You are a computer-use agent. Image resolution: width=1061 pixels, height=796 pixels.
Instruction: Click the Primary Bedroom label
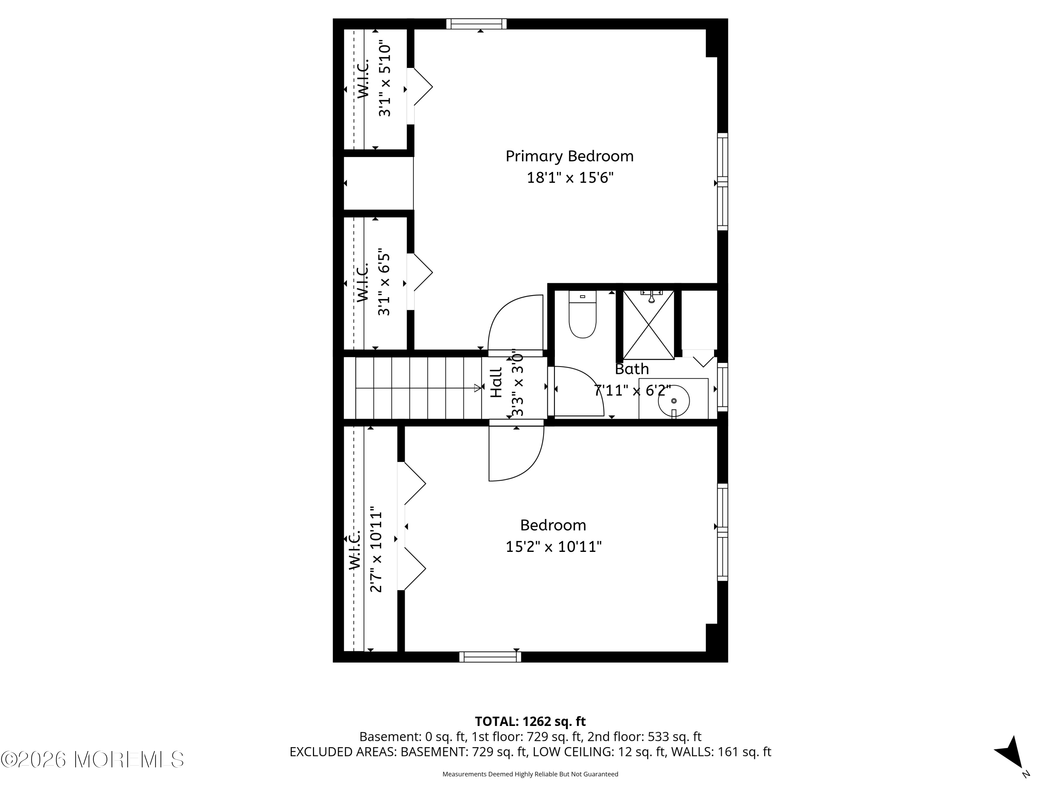point(569,156)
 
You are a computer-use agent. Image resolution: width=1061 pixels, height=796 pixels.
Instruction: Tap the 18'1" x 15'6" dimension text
point(570,178)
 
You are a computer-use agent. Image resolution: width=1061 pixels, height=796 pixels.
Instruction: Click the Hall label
point(497,382)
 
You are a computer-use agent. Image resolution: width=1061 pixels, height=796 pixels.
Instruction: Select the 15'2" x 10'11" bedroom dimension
point(553,547)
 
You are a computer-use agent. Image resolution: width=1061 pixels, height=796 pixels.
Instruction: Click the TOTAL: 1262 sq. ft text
point(530,722)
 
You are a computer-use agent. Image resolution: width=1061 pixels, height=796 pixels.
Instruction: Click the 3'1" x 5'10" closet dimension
point(385,81)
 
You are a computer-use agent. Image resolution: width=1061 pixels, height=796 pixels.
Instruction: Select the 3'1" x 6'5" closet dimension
point(384,282)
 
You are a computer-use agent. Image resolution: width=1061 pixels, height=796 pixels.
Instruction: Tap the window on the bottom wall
point(490,657)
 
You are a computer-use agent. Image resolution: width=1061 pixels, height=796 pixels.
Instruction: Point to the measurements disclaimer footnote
point(530,774)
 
